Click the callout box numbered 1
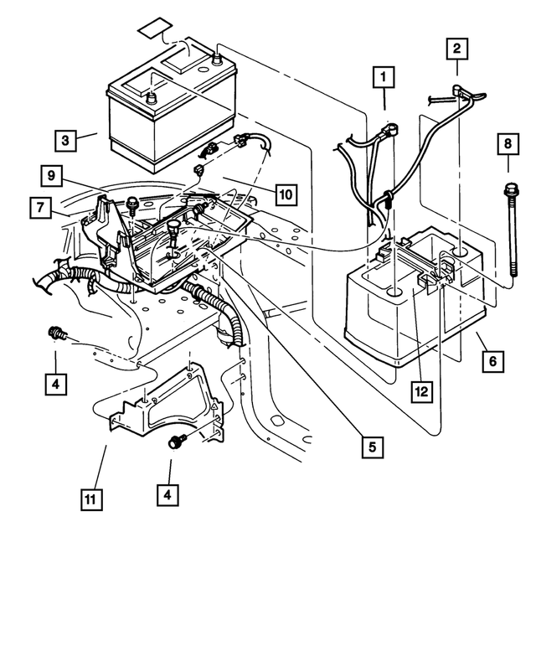384,80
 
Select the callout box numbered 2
456,49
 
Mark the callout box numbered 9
52,175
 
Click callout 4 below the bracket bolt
168,494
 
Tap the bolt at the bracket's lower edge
177,443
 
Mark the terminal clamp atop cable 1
390,128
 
